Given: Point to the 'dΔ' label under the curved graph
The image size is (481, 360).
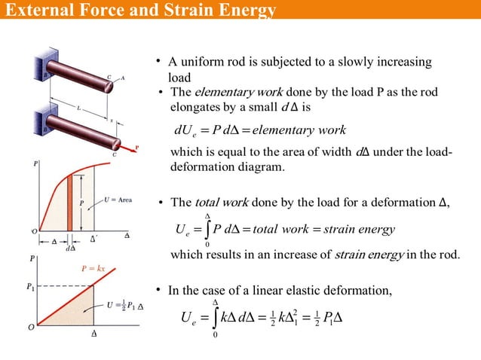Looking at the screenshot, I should pyautogui.click(x=70, y=246).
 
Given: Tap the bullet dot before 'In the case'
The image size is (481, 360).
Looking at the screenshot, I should pyautogui.click(x=158, y=290).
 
